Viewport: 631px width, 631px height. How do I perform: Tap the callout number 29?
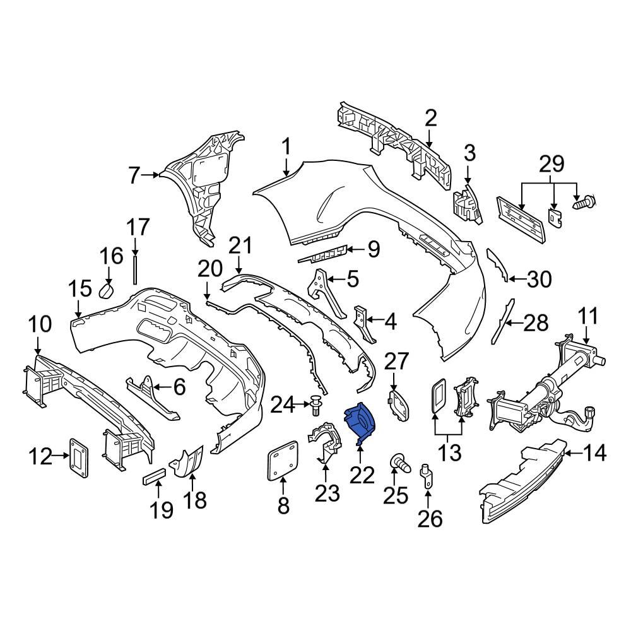[551, 164]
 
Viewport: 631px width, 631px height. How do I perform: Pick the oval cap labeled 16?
[107, 290]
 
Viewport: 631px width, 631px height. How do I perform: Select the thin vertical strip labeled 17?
[135, 269]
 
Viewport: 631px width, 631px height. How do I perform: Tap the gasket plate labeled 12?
[79, 459]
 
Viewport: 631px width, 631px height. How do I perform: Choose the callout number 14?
[594, 454]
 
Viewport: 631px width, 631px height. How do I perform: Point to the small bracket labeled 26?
[427, 476]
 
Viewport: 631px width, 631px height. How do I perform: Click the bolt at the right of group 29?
[584, 201]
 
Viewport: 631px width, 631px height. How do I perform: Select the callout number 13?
[449, 453]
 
